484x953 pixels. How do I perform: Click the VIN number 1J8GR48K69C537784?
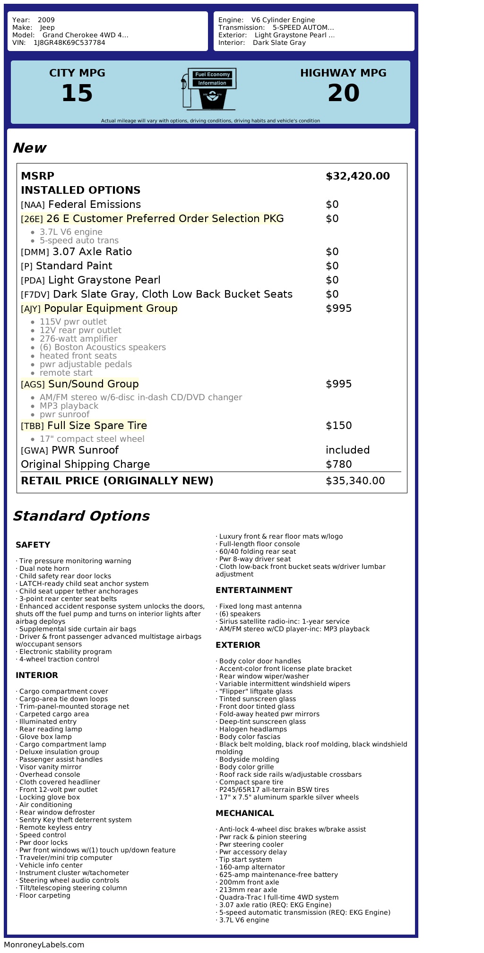pos(69,43)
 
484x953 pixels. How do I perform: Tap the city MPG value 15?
pos(77,93)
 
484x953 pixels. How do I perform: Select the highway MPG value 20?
pos(343,93)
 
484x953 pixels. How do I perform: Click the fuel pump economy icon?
pos(208,89)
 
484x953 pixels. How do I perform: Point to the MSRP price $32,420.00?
pos(357,176)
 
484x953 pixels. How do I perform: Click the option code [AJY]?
pos(31,309)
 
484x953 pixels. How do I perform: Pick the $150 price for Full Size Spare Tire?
pos(338,426)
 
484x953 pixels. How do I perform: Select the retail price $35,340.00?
pos(355,481)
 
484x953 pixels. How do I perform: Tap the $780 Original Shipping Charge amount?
pos(338,464)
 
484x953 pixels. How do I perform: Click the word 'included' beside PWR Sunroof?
pos(347,450)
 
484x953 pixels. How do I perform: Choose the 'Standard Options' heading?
pos(81,516)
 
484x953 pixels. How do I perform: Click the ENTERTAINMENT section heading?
pos(254,590)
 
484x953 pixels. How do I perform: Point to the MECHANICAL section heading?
pos(244,813)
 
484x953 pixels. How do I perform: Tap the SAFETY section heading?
pos(33,545)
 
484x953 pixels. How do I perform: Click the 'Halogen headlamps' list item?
pos(253,729)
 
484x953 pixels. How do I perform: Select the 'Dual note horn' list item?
pos(44,568)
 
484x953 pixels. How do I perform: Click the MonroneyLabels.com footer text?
pos(44,944)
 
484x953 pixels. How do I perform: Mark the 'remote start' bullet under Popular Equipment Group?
pos(66,373)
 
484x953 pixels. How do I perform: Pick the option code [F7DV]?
pos(35,295)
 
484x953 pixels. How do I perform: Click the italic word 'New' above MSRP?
pos(29,148)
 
